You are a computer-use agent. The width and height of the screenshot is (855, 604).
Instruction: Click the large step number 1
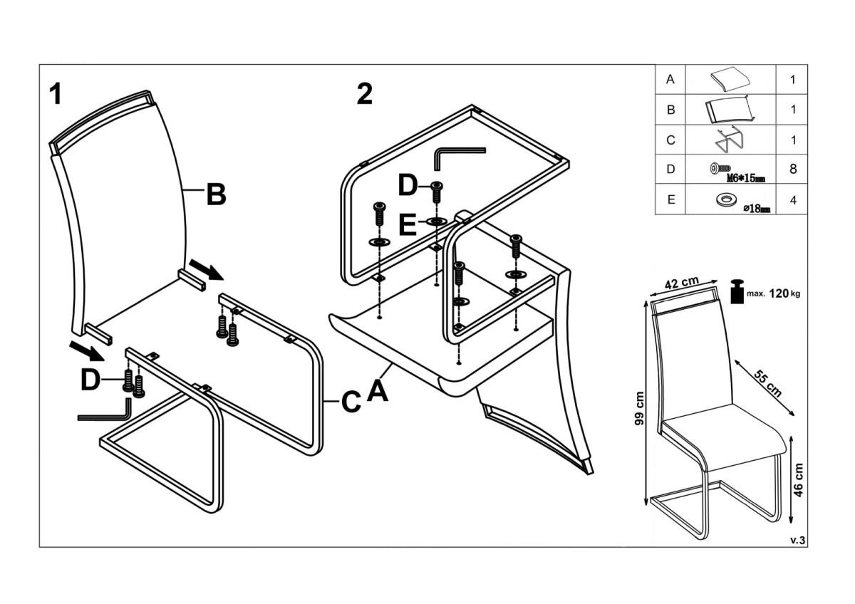coord(56,95)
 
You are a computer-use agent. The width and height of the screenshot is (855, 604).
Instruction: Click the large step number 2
coord(364,95)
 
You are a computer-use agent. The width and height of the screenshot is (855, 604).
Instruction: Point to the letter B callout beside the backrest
coord(216,194)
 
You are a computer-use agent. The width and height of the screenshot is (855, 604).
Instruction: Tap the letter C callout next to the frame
coord(350,402)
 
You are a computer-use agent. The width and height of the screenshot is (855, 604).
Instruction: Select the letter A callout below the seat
coord(378,390)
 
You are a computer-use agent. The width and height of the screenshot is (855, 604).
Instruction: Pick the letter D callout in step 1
coord(90,380)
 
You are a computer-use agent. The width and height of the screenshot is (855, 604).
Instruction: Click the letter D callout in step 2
coord(408,187)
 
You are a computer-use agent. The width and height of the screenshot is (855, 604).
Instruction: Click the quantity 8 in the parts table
coord(792,170)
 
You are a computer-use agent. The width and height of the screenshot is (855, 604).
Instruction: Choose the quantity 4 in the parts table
coord(792,200)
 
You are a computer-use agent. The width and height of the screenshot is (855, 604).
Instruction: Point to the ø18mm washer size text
coord(757,209)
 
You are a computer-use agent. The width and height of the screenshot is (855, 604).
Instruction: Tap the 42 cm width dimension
coord(681,283)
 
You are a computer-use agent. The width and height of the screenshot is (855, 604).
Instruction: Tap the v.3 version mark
coord(797,540)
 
